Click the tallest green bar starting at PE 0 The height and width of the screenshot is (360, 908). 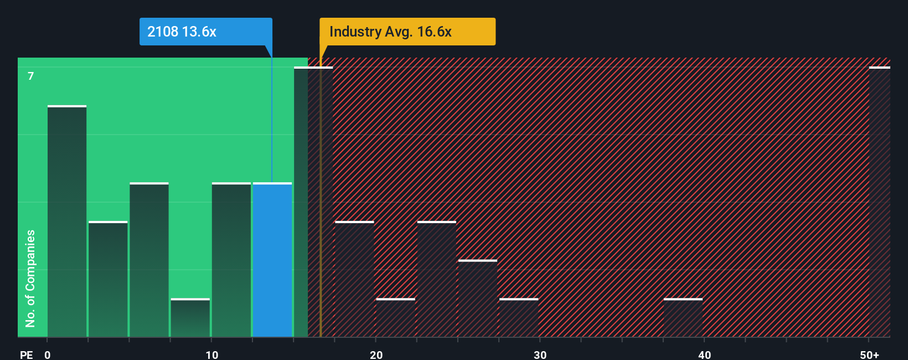[x=67, y=222]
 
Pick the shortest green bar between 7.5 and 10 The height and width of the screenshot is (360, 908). [x=190, y=318]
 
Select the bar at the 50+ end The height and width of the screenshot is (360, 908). [x=879, y=202]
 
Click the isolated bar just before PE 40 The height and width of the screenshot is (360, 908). [x=683, y=318]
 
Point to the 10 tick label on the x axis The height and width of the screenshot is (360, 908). [x=211, y=354]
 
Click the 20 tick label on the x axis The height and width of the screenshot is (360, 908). [x=376, y=354]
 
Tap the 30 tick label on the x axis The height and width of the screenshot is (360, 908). [x=540, y=354]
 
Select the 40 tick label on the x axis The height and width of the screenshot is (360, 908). [x=704, y=354]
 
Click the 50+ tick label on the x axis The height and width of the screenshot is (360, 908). [x=869, y=354]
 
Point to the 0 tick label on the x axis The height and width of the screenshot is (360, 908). [x=48, y=354]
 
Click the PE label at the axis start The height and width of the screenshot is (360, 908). [x=26, y=354]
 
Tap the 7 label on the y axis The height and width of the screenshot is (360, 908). [x=31, y=76]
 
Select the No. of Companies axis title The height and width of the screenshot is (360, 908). [x=30, y=278]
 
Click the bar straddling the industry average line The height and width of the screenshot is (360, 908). [x=313, y=202]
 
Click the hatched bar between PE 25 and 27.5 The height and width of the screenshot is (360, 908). [x=478, y=299]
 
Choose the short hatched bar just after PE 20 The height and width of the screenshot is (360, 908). [x=396, y=318]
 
